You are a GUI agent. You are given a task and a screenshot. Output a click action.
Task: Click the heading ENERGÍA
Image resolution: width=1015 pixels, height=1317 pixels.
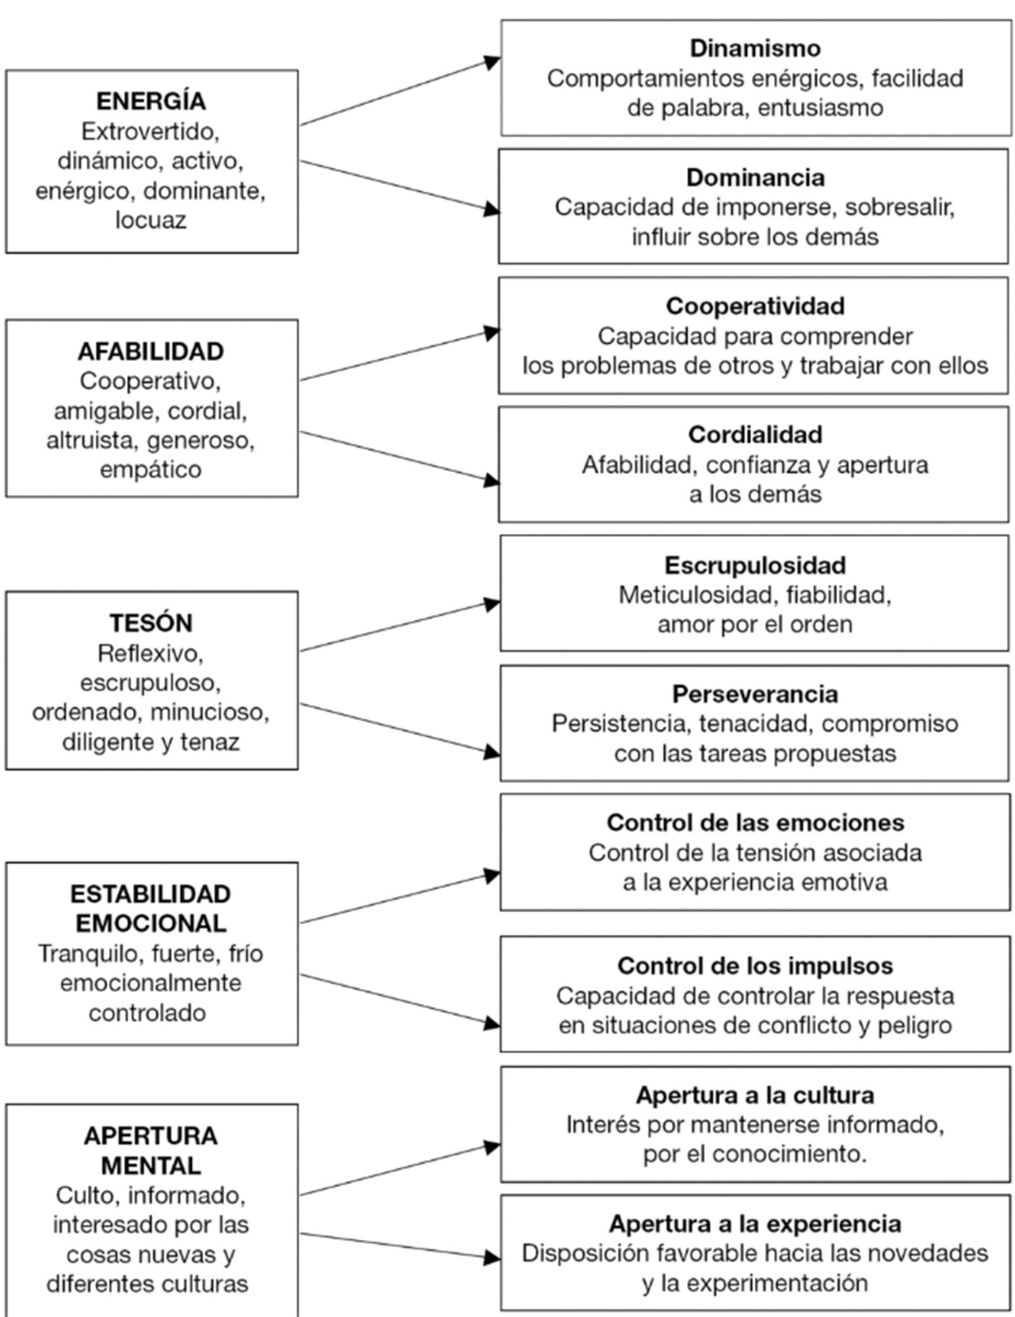click(x=151, y=100)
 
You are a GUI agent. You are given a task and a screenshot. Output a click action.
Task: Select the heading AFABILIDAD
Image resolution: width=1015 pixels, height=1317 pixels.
click(x=151, y=351)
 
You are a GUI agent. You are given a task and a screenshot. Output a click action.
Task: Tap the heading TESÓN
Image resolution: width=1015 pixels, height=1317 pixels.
click(x=151, y=622)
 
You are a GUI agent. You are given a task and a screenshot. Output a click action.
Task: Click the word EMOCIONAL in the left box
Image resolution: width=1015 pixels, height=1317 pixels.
click(x=151, y=923)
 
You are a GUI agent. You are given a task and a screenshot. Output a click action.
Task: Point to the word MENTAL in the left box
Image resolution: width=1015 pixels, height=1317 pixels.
click(x=151, y=1165)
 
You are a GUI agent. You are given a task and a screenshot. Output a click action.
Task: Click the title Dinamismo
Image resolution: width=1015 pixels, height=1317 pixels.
click(x=755, y=48)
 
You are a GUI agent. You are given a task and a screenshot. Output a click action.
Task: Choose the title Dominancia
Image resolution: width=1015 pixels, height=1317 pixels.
click(x=755, y=177)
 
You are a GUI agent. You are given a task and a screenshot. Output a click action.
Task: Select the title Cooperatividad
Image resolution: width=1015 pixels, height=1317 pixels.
click(x=755, y=306)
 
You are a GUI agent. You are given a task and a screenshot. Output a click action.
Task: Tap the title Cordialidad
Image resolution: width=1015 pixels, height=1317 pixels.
click(x=755, y=434)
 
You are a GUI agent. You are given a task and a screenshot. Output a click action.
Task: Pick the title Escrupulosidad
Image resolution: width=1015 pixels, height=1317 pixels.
click(x=755, y=565)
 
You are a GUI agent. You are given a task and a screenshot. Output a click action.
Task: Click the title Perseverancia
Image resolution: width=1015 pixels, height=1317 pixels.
click(x=755, y=694)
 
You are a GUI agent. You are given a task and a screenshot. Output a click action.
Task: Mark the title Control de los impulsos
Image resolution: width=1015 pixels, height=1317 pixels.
click(x=755, y=966)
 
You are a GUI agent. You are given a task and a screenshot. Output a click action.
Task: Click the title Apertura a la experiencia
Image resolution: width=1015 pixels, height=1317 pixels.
click(x=755, y=1223)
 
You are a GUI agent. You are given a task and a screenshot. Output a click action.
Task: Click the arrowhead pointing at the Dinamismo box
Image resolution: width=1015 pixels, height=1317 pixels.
click(x=492, y=61)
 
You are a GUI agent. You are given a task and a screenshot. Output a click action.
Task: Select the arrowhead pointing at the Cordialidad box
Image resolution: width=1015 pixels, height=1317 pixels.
click(x=492, y=481)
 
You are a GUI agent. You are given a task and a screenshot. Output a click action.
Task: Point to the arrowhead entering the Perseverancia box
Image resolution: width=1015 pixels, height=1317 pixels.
click(x=492, y=753)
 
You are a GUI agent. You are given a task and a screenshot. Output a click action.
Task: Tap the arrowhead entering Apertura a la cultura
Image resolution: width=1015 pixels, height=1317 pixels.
click(x=492, y=1147)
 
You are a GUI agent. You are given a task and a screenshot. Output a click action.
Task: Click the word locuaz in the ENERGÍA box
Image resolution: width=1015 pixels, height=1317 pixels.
click(x=151, y=220)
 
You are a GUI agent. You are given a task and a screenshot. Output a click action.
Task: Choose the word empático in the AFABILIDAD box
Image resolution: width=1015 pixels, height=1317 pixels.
click(x=151, y=470)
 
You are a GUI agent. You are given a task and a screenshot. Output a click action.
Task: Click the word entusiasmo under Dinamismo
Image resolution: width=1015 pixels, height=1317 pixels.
click(x=820, y=107)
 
